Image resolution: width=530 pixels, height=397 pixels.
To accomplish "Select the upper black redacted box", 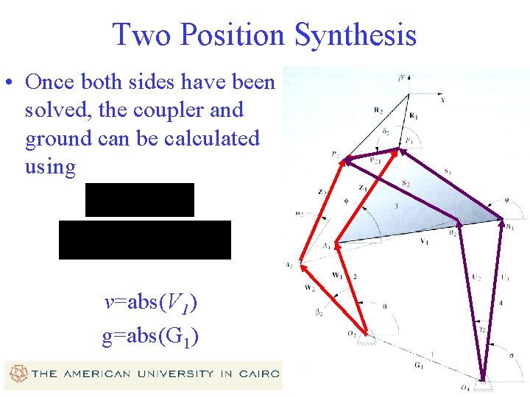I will click(x=140, y=200).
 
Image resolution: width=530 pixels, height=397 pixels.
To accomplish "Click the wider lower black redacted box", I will click(x=145, y=240).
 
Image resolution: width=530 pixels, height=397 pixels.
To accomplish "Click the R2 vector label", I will click(x=378, y=111).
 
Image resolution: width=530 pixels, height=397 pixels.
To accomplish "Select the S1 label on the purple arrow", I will click(x=449, y=172).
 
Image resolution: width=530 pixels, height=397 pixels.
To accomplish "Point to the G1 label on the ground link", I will click(x=419, y=365).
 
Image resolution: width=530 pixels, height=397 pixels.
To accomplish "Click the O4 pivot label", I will click(x=464, y=387).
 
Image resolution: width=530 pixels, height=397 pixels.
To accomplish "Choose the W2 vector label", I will click(x=309, y=288).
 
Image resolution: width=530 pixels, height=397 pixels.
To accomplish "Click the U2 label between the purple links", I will click(x=477, y=277).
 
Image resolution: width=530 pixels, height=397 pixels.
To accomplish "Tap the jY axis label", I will click(x=402, y=76).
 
